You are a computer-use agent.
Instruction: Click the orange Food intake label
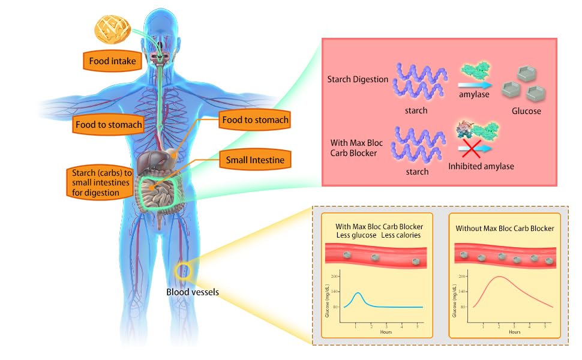click(112, 61)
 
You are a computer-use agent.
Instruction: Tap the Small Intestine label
click(255, 160)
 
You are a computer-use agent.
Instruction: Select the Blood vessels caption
click(192, 292)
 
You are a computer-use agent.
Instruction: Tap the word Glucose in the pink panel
click(526, 111)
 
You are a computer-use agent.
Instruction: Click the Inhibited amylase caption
click(481, 166)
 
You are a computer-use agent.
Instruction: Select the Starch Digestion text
click(358, 79)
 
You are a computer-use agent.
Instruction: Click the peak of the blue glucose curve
click(358, 293)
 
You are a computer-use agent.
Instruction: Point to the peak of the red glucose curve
click(497, 277)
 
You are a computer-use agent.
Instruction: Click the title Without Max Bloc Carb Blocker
click(504, 229)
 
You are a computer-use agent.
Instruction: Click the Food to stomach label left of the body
click(109, 125)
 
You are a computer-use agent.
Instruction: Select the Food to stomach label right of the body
click(255, 120)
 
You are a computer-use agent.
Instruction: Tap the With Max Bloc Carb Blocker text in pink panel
click(357, 148)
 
